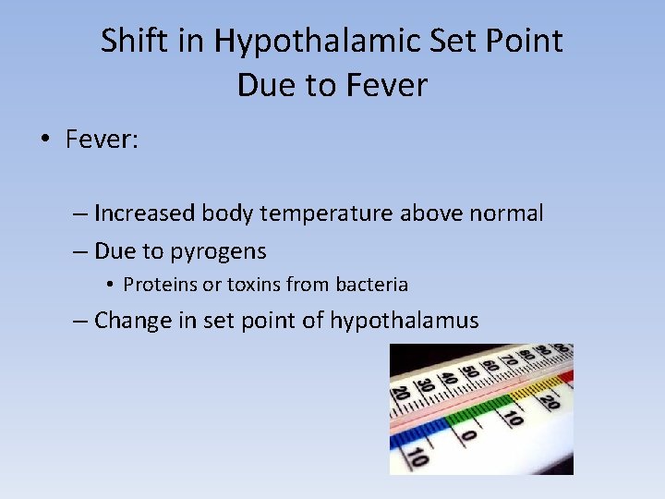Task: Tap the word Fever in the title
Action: click(x=387, y=85)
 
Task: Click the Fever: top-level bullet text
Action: click(x=102, y=140)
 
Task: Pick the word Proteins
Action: click(x=160, y=285)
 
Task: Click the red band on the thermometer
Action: click(x=565, y=376)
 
